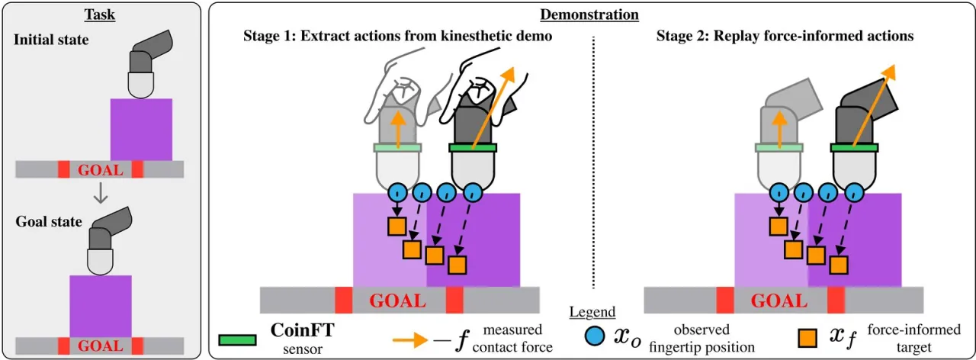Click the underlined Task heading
pyautogui.click(x=100, y=14)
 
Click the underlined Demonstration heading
pyautogui.click(x=589, y=14)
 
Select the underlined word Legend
pyautogui.click(x=592, y=312)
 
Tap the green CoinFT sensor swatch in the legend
pyautogui.click(x=237, y=340)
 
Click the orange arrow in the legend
pyautogui.click(x=410, y=340)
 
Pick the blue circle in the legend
pyautogui.click(x=594, y=336)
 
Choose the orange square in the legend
pyautogui.click(x=807, y=338)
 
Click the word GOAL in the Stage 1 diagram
pyautogui.click(x=397, y=301)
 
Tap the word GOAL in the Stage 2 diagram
pyautogui.click(x=779, y=301)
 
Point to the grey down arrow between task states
pyautogui.click(x=101, y=193)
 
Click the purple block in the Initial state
pyautogui.click(x=141, y=130)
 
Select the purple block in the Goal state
pyautogui.click(x=101, y=307)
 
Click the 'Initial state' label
pyautogui.click(x=51, y=40)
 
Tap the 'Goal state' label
pyautogui.click(x=49, y=221)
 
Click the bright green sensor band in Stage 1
pyautogui.click(x=473, y=148)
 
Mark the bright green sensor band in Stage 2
pyautogui.click(x=855, y=148)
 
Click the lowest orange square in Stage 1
pyautogui.click(x=457, y=265)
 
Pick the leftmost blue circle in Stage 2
pyautogui.click(x=779, y=192)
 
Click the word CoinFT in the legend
pyautogui.click(x=303, y=330)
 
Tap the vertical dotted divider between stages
pyautogui.click(x=593, y=162)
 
